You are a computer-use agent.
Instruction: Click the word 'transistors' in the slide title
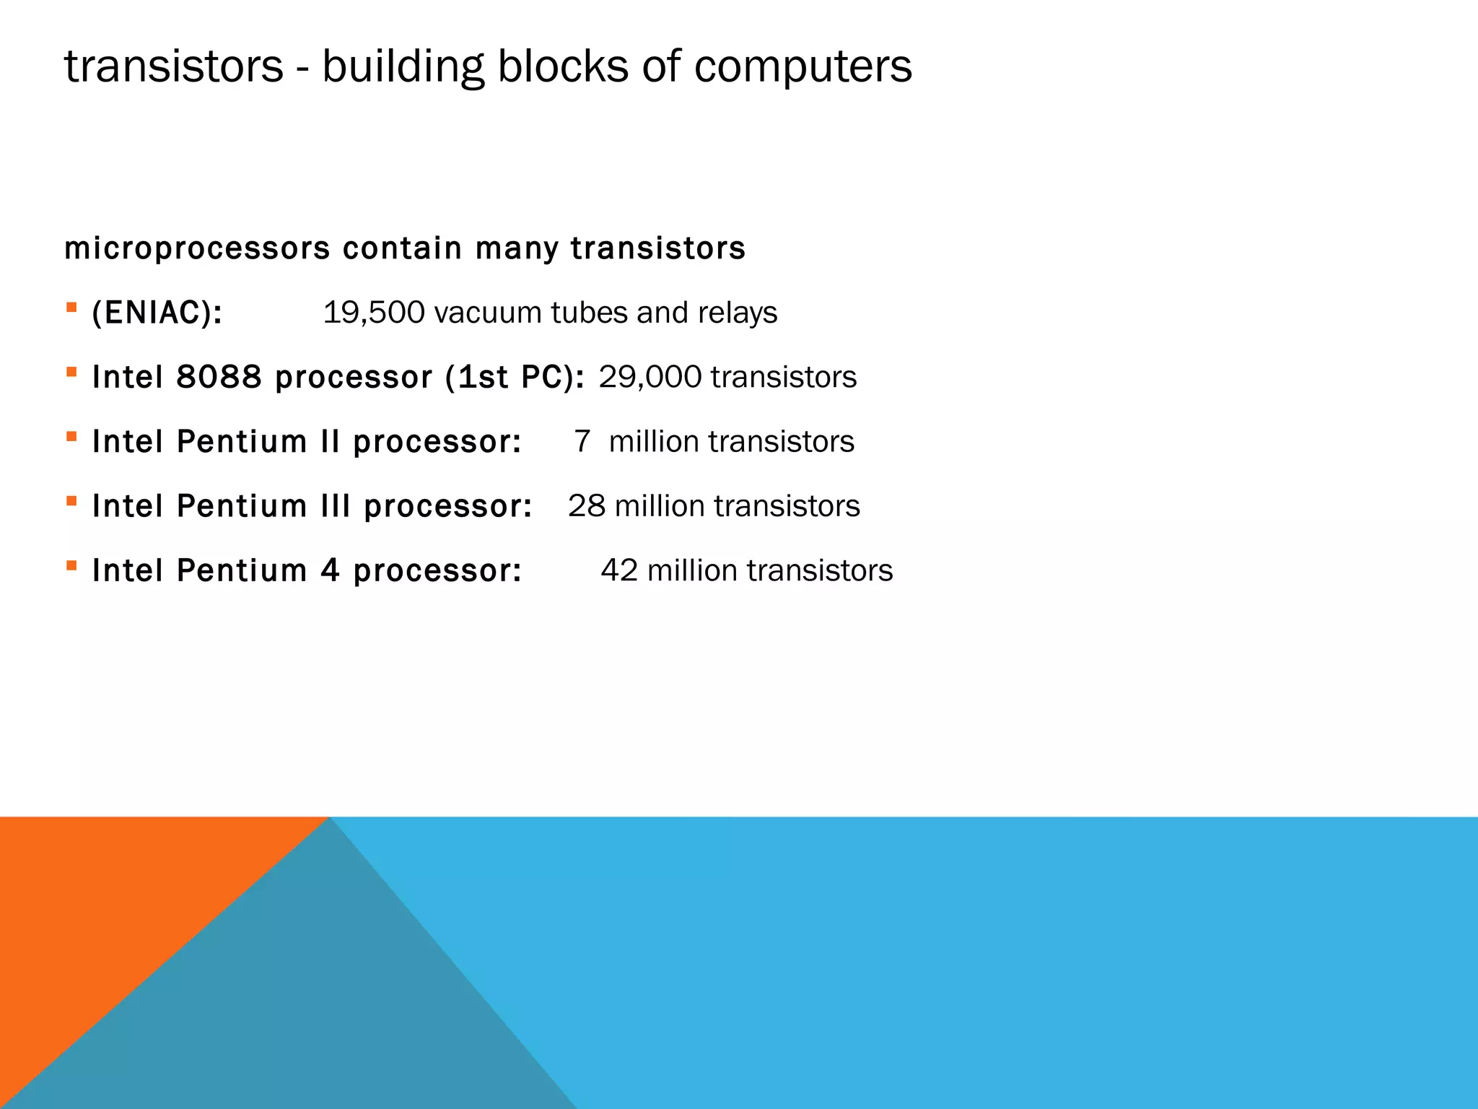click(x=174, y=66)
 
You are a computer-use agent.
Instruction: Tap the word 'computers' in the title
click(x=803, y=68)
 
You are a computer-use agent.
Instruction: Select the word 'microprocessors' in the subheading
click(x=197, y=249)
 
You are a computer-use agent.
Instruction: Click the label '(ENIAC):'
click(x=157, y=313)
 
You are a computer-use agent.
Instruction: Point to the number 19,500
click(x=373, y=313)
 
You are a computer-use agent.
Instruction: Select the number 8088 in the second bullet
click(x=219, y=378)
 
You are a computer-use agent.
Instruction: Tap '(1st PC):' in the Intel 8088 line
click(x=515, y=378)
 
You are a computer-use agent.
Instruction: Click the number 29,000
click(x=650, y=378)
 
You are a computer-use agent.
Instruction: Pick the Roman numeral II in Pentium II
click(x=331, y=442)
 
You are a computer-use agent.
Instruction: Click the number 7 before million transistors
click(x=582, y=442)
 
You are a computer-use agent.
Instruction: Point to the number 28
click(x=586, y=506)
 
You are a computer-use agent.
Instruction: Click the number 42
click(x=619, y=570)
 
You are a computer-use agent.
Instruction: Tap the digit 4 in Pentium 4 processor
click(x=330, y=570)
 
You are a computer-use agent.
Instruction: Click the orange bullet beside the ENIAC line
click(x=71, y=308)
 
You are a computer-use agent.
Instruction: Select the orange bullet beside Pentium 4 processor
click(x=71, y=565)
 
